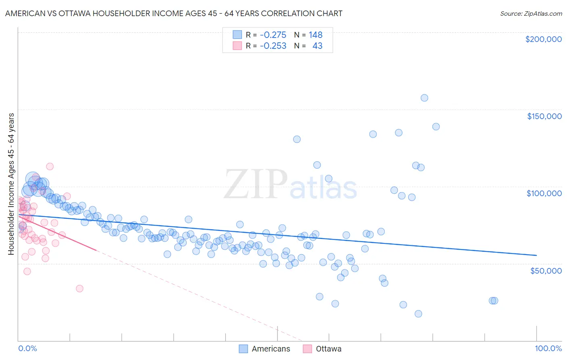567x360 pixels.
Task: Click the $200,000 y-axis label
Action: [543, 39]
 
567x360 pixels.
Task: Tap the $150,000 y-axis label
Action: [544, 116]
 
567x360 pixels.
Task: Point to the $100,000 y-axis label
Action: [544, 193]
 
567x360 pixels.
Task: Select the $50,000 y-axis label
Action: [546, 271]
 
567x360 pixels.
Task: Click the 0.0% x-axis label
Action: [27, 349]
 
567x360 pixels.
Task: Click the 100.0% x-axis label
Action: [548, 349]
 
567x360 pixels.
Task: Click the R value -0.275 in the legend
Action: [273, 35]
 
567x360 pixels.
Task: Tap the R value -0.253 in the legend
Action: [273, 46]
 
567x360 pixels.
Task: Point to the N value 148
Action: [315, 35]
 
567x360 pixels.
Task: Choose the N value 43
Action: [317, 46]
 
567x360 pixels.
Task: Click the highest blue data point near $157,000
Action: [424, 98]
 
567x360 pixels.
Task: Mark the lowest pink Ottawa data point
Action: [79, 289]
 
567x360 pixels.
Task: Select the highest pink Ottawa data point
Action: [50, 166]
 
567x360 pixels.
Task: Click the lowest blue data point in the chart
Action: [418, 314]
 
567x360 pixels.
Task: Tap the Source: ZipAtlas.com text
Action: [531, 14]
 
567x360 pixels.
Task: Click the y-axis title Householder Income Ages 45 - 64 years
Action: [11, 184]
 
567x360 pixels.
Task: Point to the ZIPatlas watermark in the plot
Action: [290, 185]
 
